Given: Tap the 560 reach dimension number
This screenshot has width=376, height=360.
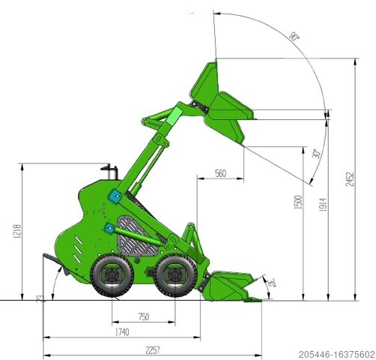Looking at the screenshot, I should [x=220, y=173].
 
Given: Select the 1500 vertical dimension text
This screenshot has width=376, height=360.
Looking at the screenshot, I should [x=298, y=202].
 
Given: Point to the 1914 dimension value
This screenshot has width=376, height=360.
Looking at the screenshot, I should [x=322, y=202].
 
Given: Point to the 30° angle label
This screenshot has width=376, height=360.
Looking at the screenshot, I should [x=317, y=154].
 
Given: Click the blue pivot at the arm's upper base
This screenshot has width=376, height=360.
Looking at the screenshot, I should [x=114, y=196].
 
